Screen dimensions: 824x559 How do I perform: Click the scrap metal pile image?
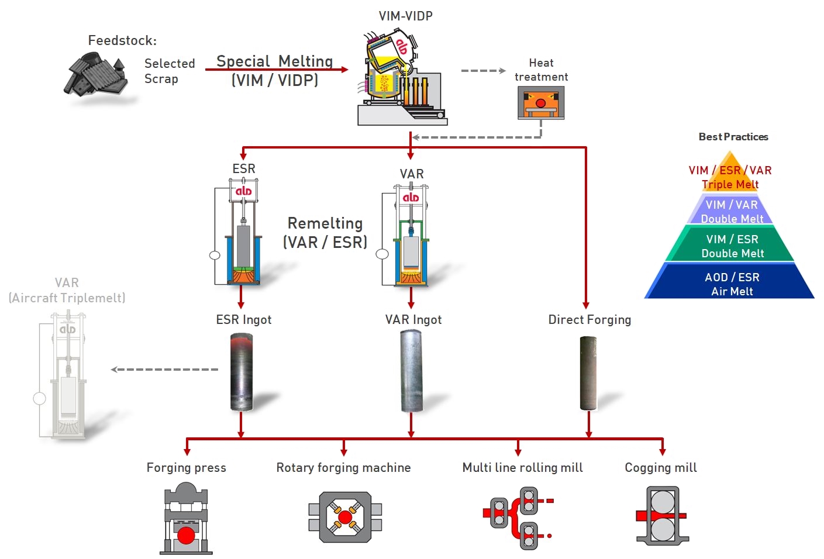click(96, 75)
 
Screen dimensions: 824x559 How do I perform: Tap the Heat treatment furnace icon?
click(541, 103)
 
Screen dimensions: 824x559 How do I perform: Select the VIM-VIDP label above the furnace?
click(406, 16)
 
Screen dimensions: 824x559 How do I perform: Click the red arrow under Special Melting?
click(277, 70)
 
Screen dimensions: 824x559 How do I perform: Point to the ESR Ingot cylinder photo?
click(242, 371)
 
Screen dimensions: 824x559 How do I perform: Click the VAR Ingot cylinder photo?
click(411, 371)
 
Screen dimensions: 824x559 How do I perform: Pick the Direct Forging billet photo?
click(588, 373)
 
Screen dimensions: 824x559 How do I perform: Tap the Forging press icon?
click(186, 519)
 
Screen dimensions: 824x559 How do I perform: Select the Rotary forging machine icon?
click(345, 517)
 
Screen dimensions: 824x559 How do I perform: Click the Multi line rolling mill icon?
click(518, 518)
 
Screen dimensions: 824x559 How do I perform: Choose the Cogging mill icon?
click(662, 516)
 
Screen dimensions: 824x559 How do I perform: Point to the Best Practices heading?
click(733, 137)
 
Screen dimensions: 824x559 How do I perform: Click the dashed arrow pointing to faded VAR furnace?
click(164, 369)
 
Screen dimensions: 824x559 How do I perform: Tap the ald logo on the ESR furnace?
click(243, 191)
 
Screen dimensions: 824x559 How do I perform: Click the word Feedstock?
click(122, 40)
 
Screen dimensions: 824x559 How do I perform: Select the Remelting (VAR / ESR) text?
click(325, 233)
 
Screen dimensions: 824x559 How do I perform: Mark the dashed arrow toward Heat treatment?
click(484, 71)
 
